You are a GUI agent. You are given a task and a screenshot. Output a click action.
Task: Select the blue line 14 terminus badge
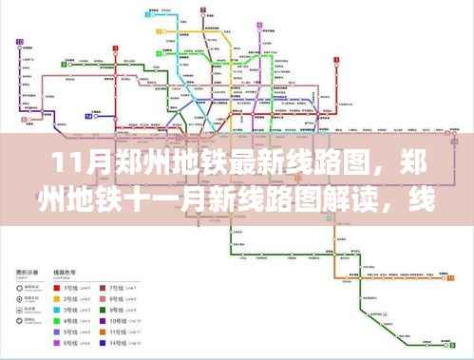click(x=87, y=116)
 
